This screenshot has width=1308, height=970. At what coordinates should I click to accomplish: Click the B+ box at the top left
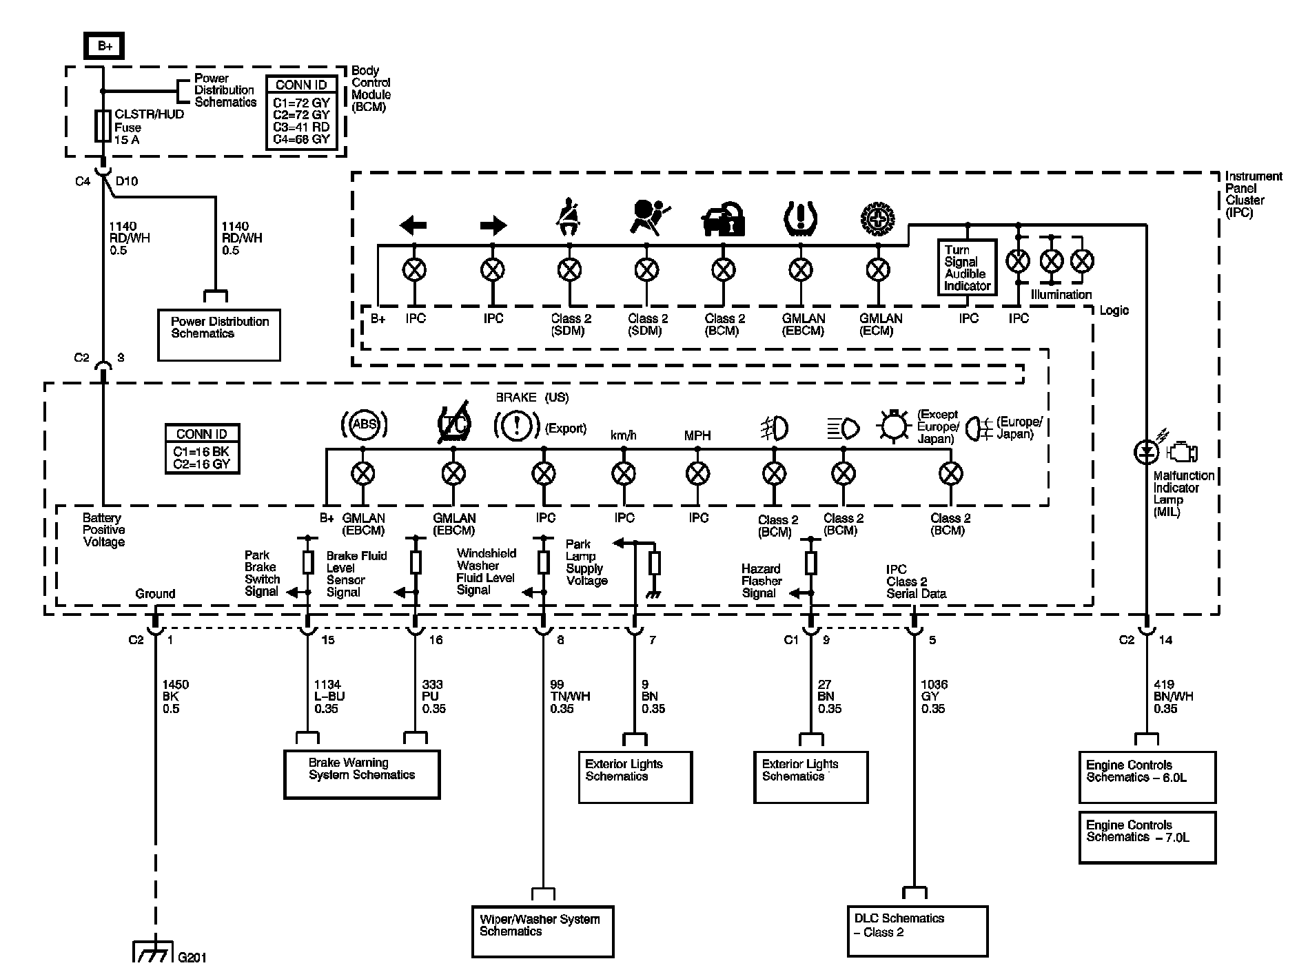[105, 47]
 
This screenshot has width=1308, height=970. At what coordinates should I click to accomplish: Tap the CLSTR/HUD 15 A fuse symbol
[103, 127]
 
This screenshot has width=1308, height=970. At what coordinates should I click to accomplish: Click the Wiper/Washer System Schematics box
[542, 931]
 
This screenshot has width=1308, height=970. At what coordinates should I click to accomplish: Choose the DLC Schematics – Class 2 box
[917, 931]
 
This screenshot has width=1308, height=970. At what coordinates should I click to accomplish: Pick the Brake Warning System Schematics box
[362, 774]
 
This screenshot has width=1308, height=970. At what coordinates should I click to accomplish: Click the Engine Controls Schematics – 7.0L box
[1147, 837]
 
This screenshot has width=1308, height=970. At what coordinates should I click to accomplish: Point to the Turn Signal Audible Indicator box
[968, 267]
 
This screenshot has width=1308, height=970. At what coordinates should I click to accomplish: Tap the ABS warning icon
[364, 424]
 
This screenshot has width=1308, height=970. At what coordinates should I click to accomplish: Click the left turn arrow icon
[413, 225]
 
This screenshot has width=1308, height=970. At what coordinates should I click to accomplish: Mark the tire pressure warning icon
[799, 218]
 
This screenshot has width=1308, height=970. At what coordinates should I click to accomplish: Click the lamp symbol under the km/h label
[624, 474]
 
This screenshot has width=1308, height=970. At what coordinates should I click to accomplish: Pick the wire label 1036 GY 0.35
[934, 696]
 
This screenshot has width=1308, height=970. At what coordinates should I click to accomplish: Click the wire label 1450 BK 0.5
[175, 696]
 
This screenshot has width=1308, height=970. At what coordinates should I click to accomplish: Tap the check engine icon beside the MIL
[1183, 453]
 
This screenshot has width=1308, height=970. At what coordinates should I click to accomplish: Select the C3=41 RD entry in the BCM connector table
[301, 127]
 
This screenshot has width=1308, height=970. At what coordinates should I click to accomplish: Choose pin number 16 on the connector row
[436, 640]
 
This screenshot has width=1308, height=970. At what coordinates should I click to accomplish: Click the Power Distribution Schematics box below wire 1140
[219, 335]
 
